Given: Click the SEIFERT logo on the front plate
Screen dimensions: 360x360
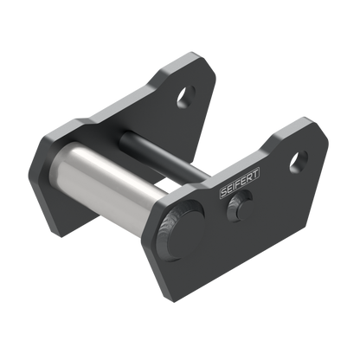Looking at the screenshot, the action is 240,183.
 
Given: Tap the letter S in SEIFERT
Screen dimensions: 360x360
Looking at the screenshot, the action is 223,192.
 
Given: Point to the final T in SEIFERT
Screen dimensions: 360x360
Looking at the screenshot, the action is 255,173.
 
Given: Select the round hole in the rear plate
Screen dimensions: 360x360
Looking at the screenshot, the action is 186,96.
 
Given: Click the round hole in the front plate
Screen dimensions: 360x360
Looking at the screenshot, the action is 299,162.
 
